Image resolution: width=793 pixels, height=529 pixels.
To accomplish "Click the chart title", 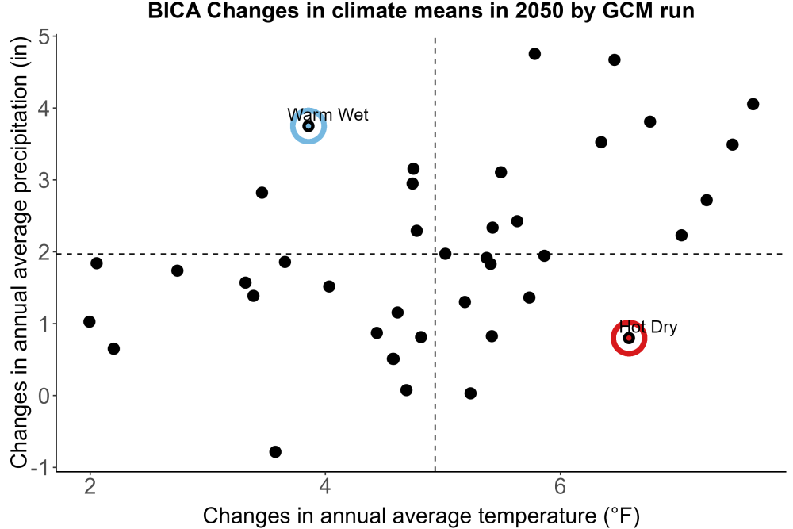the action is (421, 10).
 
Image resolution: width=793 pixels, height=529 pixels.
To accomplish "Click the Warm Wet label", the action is (328, 115).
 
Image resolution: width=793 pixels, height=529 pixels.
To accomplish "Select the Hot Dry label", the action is (648, 328).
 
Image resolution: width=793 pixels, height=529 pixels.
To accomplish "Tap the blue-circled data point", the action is (308, 126).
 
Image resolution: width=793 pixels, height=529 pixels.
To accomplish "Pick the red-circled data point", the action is (629, 338).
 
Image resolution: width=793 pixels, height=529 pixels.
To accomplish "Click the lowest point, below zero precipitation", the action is (275, 451).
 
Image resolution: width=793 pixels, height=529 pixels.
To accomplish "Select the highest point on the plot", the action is (534, 54).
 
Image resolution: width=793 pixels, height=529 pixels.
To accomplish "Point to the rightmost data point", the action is (753, 104).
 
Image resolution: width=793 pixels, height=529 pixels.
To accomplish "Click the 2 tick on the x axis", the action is (90, 486).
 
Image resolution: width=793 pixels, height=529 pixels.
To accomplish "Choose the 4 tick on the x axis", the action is (324, 486).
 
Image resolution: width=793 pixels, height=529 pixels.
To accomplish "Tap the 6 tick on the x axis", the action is (560, 486).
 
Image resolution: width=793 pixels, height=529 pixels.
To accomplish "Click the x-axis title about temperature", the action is (421, 516).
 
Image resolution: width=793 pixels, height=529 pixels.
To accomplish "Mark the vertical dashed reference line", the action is (435, 254).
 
